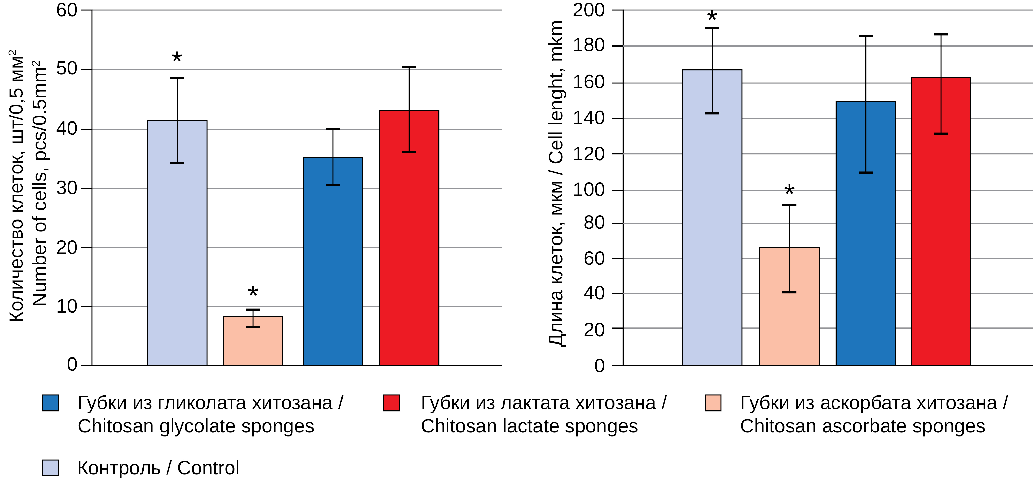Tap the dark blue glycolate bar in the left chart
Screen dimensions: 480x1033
point(333,273)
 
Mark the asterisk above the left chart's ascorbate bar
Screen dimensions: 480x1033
point(253,292)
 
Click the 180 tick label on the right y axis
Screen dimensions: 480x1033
point(589,46)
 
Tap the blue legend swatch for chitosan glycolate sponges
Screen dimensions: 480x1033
point(51,403)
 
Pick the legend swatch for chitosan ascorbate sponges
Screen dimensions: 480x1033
point(713,403)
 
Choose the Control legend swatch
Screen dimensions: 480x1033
point(51,468)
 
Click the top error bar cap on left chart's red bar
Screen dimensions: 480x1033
point(409,67)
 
